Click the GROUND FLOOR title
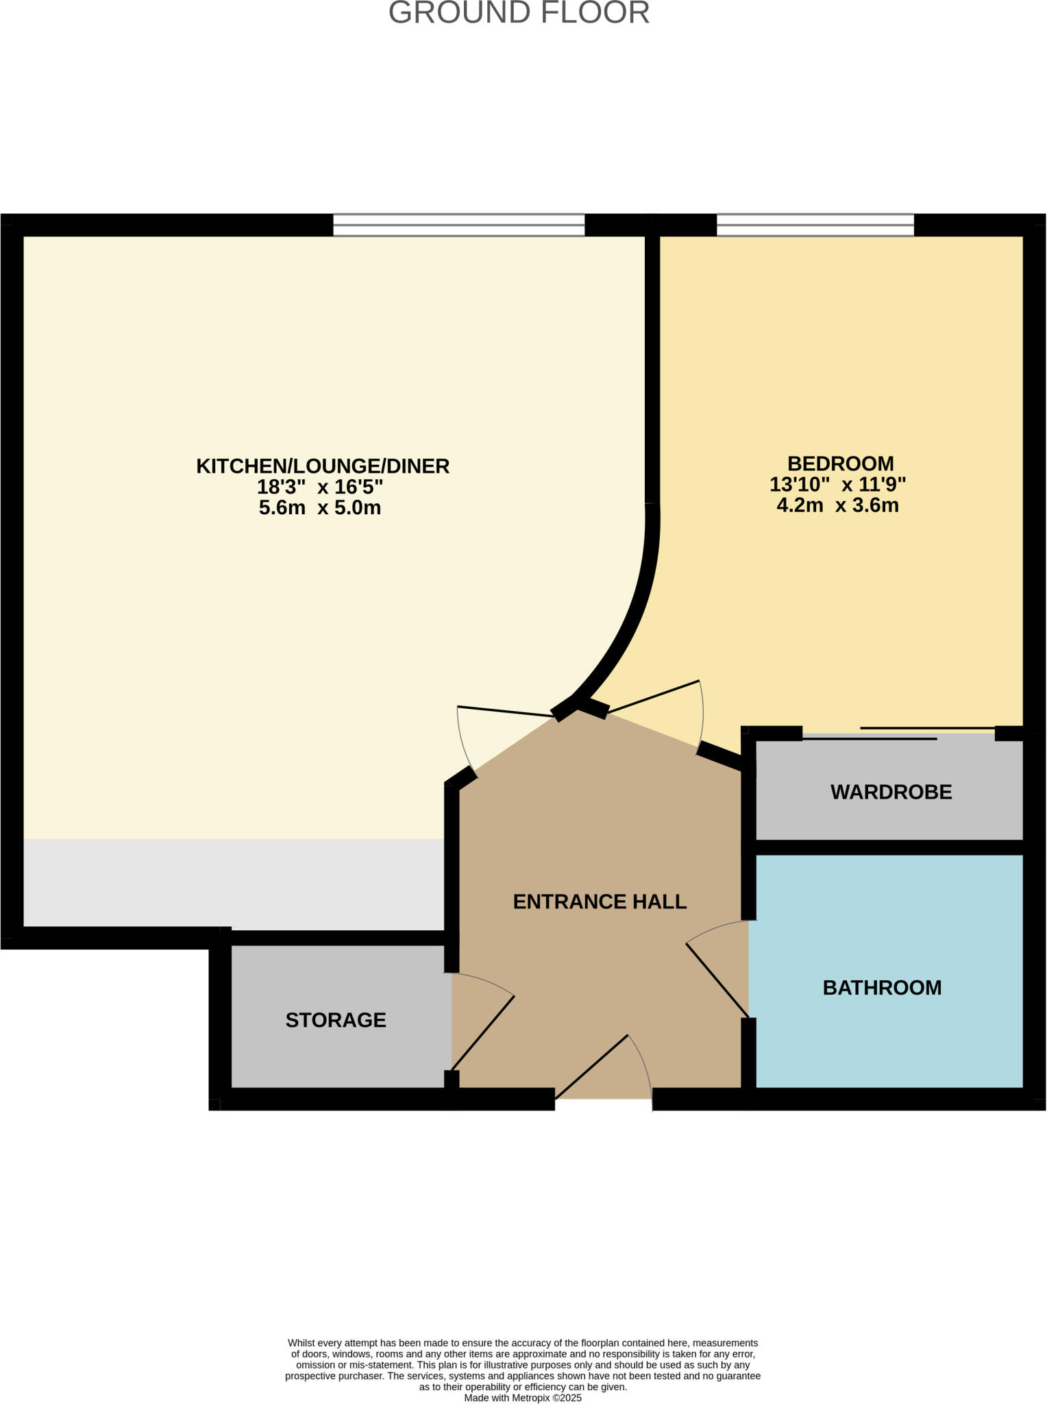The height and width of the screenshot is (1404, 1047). point(519,13)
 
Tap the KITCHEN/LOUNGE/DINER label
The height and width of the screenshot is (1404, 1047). point(323,466)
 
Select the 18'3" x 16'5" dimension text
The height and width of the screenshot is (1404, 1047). point(319,487)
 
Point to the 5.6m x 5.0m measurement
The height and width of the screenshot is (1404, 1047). point(319,508)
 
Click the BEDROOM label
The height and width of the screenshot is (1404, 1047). point(840,463)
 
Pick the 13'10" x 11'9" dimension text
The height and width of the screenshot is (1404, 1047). point(837,485)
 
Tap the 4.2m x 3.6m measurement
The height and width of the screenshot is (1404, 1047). point(837,506)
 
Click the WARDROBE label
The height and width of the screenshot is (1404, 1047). point(891,792)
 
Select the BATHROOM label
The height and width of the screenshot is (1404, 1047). point(882,988)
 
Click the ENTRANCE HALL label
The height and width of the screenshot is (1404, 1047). point(600,901)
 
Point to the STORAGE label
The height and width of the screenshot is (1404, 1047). point(336,1020)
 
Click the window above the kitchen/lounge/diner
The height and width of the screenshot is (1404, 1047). point(458,225)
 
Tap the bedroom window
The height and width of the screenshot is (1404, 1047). point(815,225)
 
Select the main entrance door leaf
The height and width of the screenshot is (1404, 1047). point(592,1067)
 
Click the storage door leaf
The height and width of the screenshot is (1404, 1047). point(482,1033)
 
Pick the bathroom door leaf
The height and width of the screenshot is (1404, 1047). point(717,980)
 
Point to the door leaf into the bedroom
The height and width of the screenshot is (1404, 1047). point(653,696)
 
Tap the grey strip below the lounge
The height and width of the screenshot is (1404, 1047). point(233,883)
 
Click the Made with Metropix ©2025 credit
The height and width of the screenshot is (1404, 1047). point(523,1398)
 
